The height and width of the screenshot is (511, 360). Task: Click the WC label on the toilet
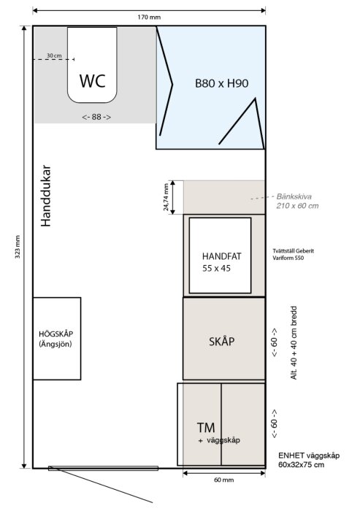pyautogui.click(x=93, y=81)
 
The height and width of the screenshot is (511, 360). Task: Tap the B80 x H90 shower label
pyautogui.click(x=222, y=83)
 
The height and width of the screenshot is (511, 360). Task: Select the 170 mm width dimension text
pyautogui.click(x=149, y=18)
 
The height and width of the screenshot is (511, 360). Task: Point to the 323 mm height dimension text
pyautogui.click(x=18, y=247)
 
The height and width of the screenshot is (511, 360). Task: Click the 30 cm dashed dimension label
pyautogui.click(x=54, y=55)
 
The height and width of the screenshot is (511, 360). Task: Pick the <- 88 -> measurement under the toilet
pyautogui.click(x=96, y=117)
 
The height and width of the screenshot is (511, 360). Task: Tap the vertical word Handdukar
pyautogui.click(x=46, y=196)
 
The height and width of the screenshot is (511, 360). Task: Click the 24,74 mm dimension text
pyautogui.click(x=166, y=197)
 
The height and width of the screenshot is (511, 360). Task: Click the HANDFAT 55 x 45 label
pyautogui.click(x=221, y=262)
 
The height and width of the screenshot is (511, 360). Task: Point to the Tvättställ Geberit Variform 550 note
pyautogui.click(x=293, y=254)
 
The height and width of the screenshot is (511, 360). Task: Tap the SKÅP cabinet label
pyautogui.click(x=222, y=341)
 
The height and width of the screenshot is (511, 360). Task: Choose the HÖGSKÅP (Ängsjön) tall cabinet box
pyautogui.click(x=57, y=339)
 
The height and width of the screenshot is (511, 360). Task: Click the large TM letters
pyautogui.click(x=206, y=427)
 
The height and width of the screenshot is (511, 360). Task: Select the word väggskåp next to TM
pyautogui.click(x=223, y=440)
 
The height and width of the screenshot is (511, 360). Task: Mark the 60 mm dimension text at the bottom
pyautogui.click(x=224, y=480)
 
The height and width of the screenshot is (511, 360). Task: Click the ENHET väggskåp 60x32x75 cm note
pyautogui.click(x=309, y=460)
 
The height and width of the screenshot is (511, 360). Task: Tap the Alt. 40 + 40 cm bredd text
pyautogui.click(x=294, y=342)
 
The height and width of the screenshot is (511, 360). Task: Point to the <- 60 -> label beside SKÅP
pyautogui.click(x=275, y=342)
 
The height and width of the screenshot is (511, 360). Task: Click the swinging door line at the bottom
pyautogui.click(x=101, y=485)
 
